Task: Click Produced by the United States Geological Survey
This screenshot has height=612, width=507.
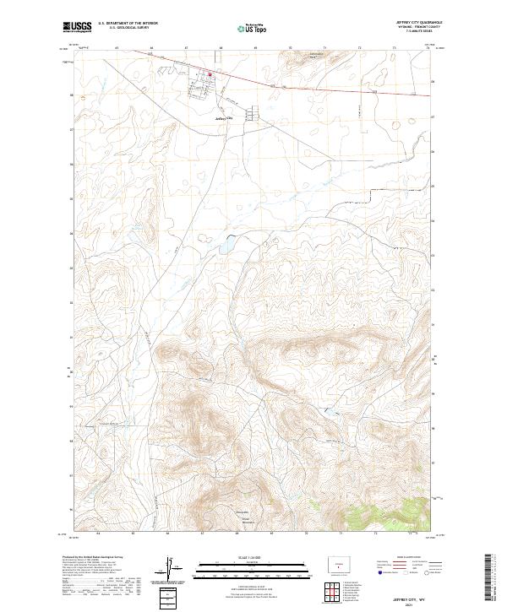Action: click(x=92, y=559)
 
